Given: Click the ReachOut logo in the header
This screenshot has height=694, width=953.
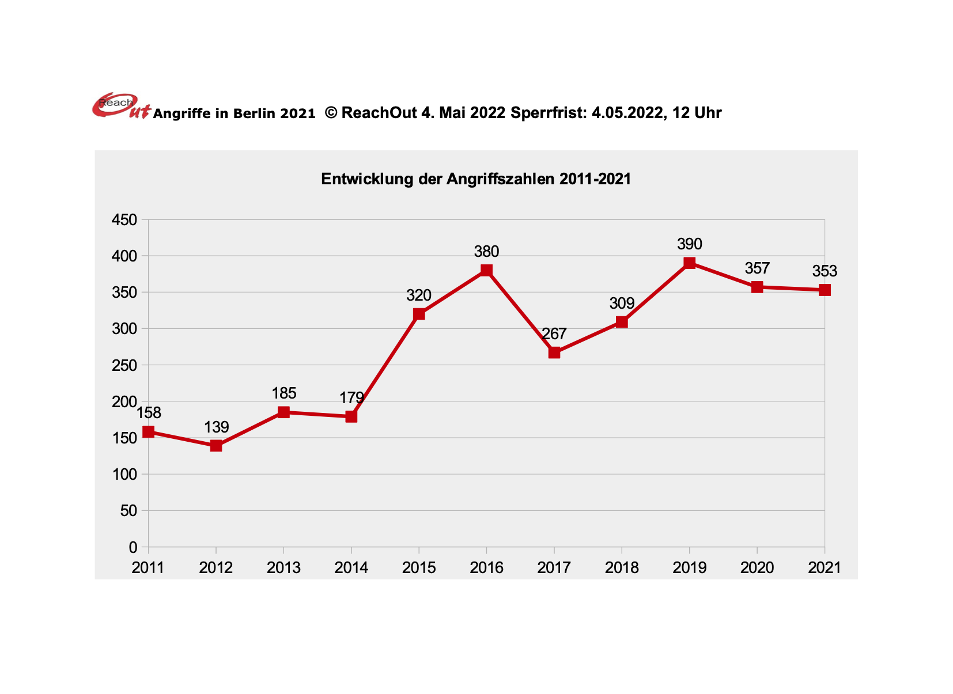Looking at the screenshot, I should [120, 106].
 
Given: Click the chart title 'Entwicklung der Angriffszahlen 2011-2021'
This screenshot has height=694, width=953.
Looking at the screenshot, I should [476, 179].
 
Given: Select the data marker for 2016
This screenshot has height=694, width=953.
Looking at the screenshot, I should [486, 270].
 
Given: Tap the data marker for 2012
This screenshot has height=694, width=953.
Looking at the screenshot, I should [216, 445].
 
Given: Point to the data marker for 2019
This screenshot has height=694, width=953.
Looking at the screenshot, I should [689, 263].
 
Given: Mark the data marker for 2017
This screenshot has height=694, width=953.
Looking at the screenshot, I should [554, 352].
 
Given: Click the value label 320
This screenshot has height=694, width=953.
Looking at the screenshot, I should [419, 295].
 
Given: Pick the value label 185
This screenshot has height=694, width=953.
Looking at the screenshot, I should [283, 393].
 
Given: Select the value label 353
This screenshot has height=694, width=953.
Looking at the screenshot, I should [825, 271].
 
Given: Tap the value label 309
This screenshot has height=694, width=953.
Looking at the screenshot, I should [622, 304].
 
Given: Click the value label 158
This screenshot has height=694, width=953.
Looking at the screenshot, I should [149, 413].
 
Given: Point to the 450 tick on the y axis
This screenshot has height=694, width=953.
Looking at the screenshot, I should [124, 220].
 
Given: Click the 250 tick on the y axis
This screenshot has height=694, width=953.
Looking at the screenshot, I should [124, 366].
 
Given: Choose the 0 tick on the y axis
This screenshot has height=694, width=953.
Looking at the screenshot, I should [133, 547].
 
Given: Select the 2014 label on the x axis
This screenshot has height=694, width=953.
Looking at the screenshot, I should [351, 568].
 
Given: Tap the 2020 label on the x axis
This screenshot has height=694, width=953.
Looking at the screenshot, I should [757, 568].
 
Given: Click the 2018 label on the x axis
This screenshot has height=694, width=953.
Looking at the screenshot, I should [622, 568].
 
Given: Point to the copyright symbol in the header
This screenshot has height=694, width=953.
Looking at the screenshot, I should [331, 112].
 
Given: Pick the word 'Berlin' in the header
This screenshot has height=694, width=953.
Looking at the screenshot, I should [254, 113].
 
